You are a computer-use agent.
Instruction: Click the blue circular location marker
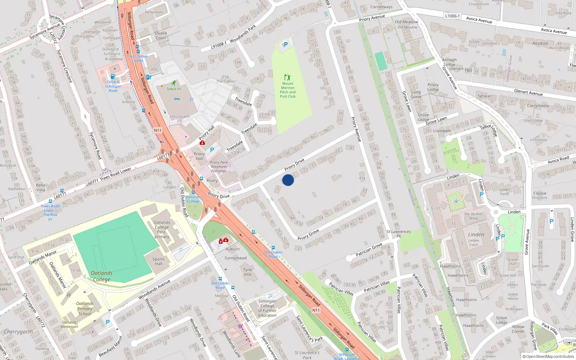pos(288,180)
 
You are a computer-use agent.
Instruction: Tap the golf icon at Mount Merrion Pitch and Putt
pos(287,77)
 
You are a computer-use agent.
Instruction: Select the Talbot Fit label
pos(174,89)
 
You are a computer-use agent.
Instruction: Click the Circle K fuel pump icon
pos(113,76)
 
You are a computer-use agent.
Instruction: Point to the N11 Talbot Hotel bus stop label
pos(138,58)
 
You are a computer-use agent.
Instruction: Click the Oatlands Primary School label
pos(85,309)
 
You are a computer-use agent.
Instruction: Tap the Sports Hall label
pos(158,261)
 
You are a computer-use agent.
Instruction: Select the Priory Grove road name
pos(308,235)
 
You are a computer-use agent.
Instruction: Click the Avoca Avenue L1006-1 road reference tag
pos(452,16)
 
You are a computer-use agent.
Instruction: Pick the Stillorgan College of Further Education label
pos(267,308)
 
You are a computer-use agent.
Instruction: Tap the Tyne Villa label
pos(247,272)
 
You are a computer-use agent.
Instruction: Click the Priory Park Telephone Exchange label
pos(219,167)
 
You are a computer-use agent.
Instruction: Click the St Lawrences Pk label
pos(399,234)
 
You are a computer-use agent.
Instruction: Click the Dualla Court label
pos(161,35)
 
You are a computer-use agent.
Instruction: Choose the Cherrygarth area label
pos(18,332)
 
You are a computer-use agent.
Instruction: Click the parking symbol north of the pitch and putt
pos(286,44)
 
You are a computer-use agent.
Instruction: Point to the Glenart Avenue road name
pos(528,92)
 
